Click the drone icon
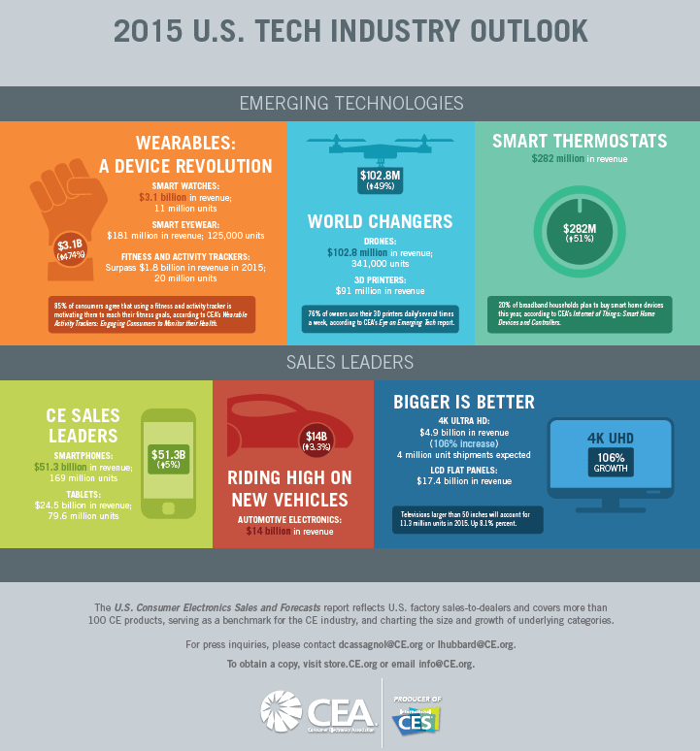click(x=379, y=147)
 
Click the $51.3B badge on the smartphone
click(x=169, y=458)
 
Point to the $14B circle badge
click(x=318, y=440)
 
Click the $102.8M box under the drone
click(x=381, y=180)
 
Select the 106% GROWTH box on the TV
click(x=612, y=462)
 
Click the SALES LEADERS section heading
click(x=350, y=362)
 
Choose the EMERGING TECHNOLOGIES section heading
click(x=350, y=102)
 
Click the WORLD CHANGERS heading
click(x=380, y=221)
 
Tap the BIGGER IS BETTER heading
click(x=464, y=402)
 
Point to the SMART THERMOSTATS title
click(x=580, y=141)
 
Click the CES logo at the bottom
click(x=416, y=719)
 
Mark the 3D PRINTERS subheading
click(x=380, y=278)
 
